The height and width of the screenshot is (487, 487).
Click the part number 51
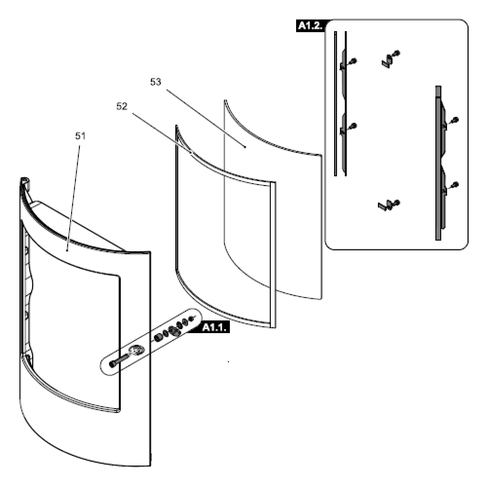point(80,136)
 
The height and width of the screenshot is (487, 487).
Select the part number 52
point(122,107)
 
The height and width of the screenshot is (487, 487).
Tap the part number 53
point(156,82)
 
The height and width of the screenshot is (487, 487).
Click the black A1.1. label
point(214,327)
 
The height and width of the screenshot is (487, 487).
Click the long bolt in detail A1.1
point(118,361)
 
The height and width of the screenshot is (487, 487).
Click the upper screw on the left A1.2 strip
point(353,61)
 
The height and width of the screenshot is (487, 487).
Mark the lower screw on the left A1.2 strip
point(353,126)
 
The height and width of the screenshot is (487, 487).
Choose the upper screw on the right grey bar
point(455,120)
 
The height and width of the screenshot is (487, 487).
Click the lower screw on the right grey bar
point(455,185)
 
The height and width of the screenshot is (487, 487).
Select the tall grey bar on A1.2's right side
point(438,163)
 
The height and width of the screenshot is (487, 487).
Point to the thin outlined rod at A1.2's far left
point(336,103)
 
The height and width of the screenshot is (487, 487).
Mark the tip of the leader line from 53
point(245,147)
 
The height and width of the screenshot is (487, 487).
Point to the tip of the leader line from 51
point(67,250)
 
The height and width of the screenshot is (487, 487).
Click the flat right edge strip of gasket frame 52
point(273,255)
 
